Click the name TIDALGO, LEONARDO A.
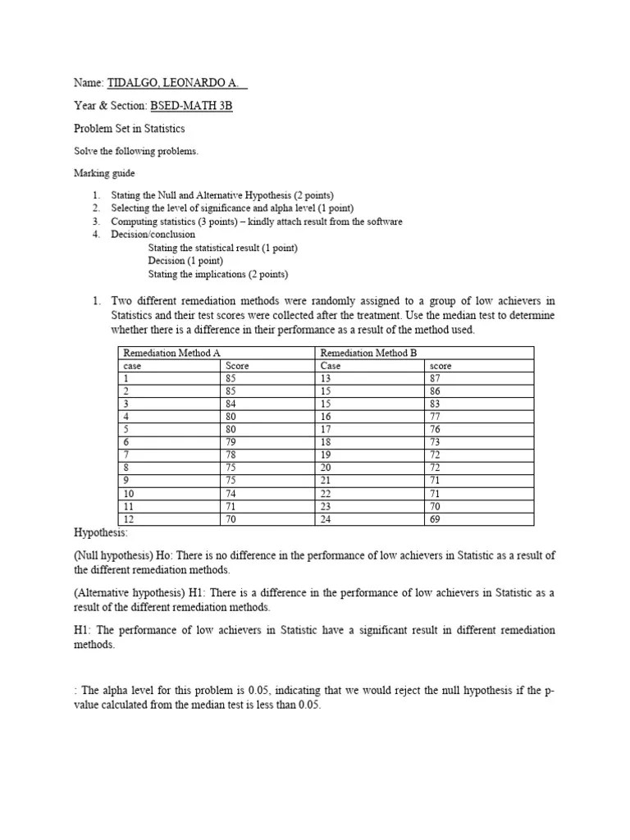[x=176, y=84]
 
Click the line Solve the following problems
[x=136, y=151]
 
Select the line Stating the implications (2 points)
[x=218, y=274]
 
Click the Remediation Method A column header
[x=171, y=353]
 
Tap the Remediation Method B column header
[x=367, y=353]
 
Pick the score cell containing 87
[x=436, y=379]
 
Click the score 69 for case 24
[x=436, y=519]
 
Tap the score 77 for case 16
[x=436, y=418]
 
